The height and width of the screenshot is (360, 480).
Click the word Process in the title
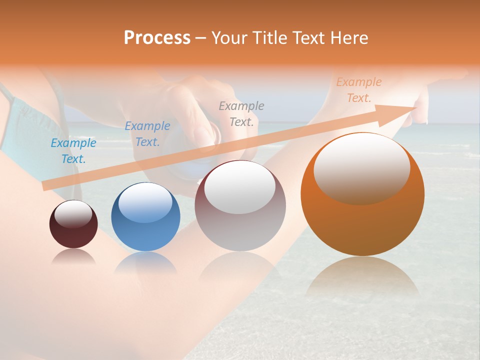(x=157, y=37)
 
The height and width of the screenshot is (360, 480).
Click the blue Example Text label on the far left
(x=73, y=151)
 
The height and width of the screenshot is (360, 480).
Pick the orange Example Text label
(x=359, y=90)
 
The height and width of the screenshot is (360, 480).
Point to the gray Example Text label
(x=241, y=113)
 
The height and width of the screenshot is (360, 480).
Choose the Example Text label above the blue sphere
(x=147, y=134)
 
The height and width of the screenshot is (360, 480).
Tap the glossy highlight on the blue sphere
(x=145, y=202)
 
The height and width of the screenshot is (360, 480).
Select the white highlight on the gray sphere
(x=240, y=187)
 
